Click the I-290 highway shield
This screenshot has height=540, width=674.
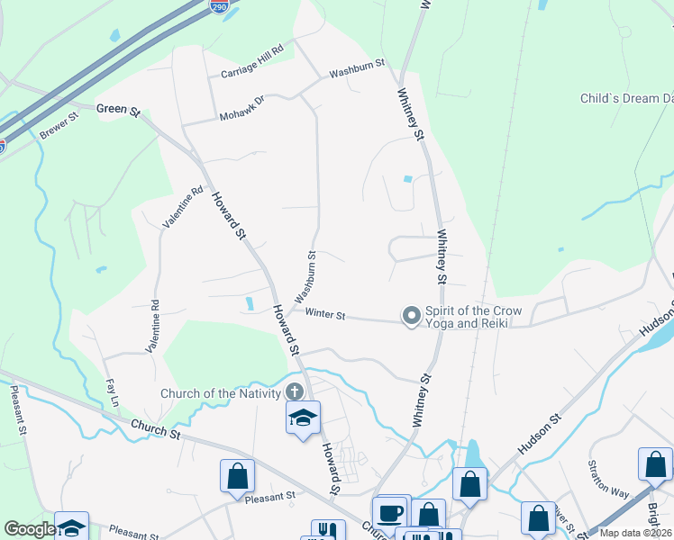(x=219, y=7)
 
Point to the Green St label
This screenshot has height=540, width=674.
(x=119, y=112)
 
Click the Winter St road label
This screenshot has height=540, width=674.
(x=325, y=314)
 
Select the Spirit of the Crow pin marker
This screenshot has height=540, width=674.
(x=412, y=315)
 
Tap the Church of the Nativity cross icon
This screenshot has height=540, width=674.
(x=295, y=391)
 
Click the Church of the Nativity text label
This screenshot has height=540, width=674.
(x=220, y=392)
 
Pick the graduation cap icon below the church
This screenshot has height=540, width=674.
(x=303, y=417)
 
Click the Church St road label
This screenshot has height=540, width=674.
(x=156, y=428)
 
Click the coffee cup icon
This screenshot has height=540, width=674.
(x=390, y=512)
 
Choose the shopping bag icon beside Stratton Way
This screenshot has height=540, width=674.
(x=655, y=464)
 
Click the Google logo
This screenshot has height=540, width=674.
(x=30, y=529)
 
